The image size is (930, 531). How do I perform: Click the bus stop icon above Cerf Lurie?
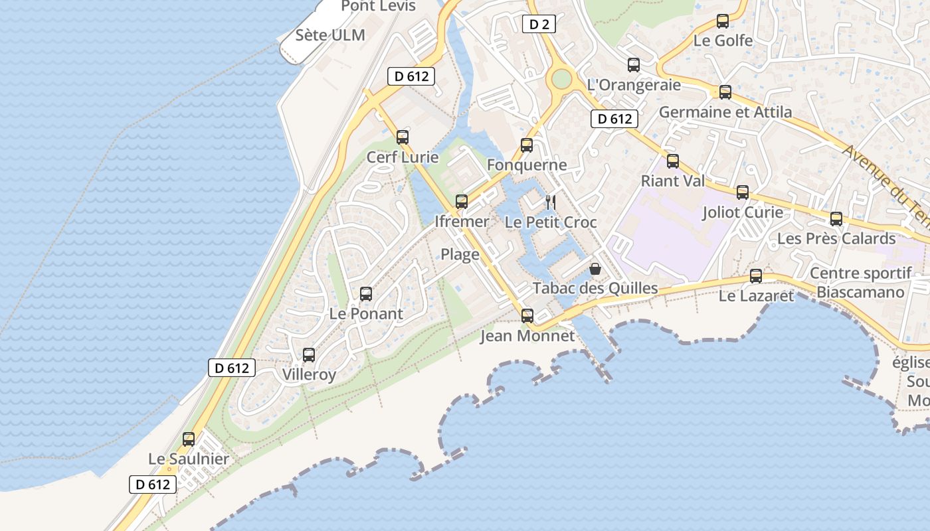403,137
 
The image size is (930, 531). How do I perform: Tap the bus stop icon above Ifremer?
462,201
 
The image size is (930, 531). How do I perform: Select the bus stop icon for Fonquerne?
527,145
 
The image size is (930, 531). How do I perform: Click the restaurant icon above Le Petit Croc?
551,202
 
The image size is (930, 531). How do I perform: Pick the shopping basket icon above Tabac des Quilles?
595,269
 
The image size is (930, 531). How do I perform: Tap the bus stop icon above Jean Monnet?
527,316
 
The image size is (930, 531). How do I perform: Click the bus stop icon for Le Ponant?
366,293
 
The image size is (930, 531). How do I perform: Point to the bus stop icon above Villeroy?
309,355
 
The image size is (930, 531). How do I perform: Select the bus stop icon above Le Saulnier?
189,439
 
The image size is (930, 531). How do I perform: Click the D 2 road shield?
539,25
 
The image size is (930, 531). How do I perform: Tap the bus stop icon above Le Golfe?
723,21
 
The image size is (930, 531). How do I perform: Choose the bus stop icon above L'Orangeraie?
634,65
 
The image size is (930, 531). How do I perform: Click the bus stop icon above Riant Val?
673,161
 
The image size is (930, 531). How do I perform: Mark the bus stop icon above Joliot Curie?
743,192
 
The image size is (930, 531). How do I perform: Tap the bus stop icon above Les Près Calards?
836,218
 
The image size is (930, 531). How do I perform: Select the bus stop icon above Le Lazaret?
756,276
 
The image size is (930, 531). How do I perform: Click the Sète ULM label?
330,35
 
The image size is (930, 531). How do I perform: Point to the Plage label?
460,254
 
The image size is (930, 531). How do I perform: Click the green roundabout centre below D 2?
561,79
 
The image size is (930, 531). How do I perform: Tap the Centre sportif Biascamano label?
861,283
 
